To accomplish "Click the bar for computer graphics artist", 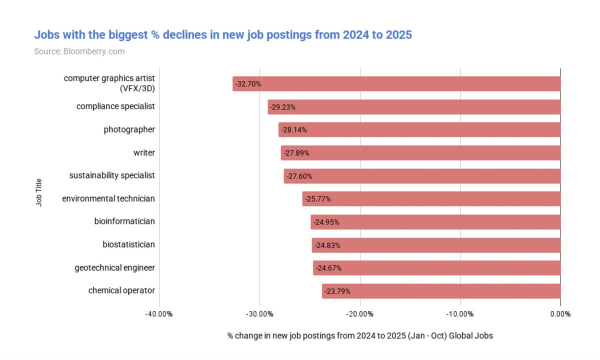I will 396,83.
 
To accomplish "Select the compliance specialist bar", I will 414,107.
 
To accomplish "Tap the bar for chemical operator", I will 441,291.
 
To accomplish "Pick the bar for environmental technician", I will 431,199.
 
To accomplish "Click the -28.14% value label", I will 294,130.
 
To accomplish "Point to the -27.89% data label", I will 296,153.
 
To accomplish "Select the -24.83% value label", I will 327,245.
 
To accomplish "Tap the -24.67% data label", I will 328,268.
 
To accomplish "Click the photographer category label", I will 129,129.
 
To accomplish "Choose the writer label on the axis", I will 144,152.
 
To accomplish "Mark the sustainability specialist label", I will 112,175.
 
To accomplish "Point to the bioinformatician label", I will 124,221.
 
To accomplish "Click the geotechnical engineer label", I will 114,267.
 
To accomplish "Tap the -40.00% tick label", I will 159,314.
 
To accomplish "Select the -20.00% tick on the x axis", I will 359,314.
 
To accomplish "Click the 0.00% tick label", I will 560,314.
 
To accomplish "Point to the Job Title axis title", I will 39,192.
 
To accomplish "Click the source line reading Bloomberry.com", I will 79,51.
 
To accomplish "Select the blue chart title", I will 222,35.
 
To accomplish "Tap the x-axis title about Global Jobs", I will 359,335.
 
